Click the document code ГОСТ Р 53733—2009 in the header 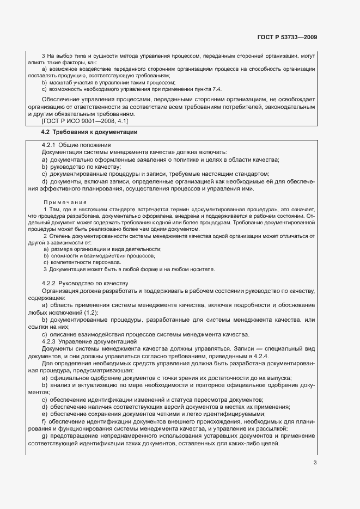point(286,38)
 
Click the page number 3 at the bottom point(315,463)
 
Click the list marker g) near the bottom point(44,436)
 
